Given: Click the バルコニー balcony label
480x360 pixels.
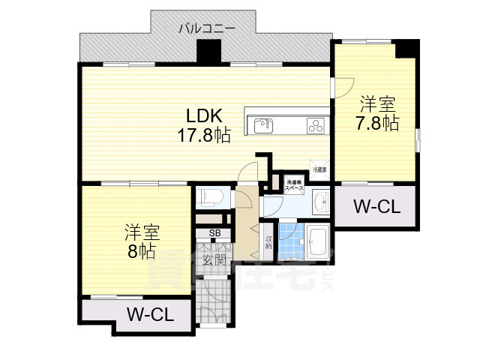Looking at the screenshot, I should pos(207,28).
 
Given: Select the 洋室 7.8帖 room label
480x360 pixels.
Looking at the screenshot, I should pos(377,113).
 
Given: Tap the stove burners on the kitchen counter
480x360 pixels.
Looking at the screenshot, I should pos(315,125).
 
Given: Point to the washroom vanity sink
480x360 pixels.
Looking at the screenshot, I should pos(321,201).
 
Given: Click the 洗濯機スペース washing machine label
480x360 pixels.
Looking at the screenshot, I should pos(291,184).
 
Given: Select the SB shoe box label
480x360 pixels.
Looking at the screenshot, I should pos(214,233).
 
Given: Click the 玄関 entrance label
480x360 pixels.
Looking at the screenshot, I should pos(214,260).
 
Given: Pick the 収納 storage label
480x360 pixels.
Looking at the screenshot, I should pos(268,242).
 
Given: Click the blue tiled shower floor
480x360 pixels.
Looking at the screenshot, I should pos(289,240).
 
